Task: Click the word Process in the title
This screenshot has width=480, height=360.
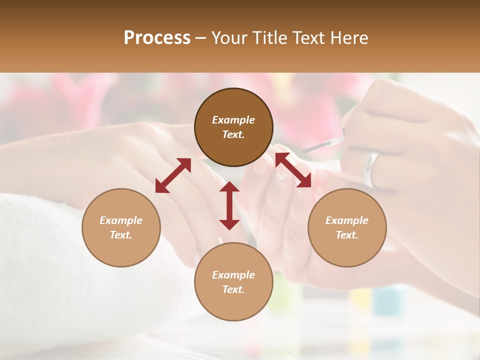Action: coord(157,38)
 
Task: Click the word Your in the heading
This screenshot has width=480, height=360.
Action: coord(229,38)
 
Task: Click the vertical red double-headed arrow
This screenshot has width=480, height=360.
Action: coord(229,205)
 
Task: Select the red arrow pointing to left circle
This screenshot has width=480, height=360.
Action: coord(173,175)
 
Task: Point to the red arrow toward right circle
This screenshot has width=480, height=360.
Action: coord(293,170)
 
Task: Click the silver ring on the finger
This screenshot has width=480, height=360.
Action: coord(372,169)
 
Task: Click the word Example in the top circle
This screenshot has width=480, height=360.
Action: coord(233,120)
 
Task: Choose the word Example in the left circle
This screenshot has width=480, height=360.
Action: coord(121,220)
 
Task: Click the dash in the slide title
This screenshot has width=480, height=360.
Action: coord(201,38)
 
